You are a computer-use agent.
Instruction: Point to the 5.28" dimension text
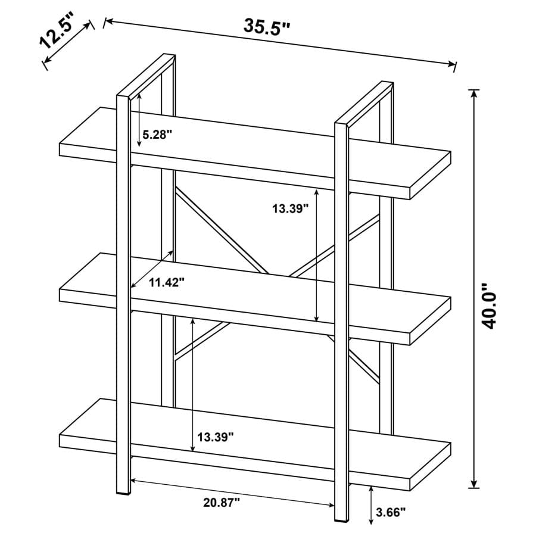coord(157,134)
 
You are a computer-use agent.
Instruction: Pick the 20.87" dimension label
coord(221,503)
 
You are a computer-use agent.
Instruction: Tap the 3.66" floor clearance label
coord(391,510)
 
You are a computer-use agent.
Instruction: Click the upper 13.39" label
coord(291,208)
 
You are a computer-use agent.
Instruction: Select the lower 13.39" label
coord(215,437)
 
